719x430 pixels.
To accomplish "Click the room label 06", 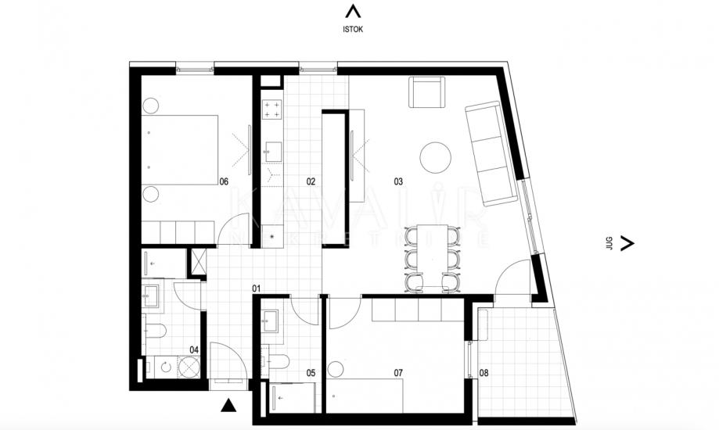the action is click(x=224, y=181).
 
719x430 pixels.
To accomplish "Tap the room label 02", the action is click(x=311, y=181).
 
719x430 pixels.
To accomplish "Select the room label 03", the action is click(x=397, y=181).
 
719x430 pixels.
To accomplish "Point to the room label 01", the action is click(x=256, y=288).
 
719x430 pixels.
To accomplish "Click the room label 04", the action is click(x=194, y=350).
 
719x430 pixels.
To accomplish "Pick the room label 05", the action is click(x=311, y=373).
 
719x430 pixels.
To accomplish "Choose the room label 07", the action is click(x=397, y=373).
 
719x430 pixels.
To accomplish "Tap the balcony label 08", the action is click(x=484, y=373).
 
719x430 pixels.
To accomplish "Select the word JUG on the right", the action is click(x=609, y=243).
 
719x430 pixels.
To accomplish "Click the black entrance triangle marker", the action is click(x=228, y=404).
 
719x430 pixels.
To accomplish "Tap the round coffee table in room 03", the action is click(x=436, y=158).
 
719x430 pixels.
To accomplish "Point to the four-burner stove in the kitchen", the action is click(x=271, y=109).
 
